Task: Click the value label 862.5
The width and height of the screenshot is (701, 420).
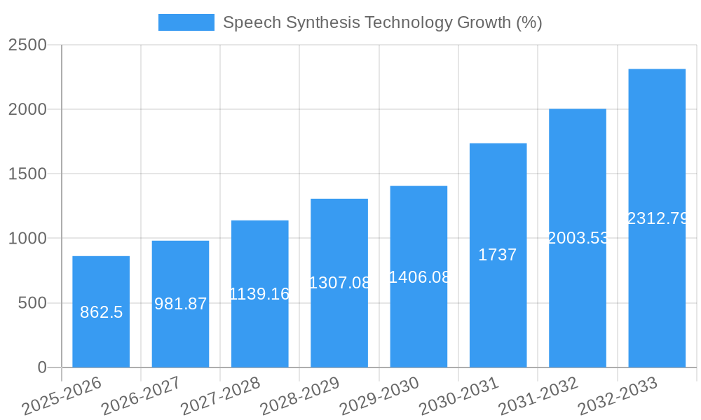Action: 101,312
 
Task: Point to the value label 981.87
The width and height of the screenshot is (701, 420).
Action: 180,304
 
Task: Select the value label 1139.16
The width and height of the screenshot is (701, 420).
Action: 260,294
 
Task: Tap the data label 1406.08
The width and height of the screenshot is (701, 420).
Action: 418,277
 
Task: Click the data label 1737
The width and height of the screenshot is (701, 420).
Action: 498,255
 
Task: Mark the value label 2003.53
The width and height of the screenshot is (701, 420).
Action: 578,238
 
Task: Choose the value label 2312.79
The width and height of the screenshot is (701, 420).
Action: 657,218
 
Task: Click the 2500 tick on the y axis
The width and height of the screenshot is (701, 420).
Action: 27,45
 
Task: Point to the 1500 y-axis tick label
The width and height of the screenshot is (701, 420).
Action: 27,174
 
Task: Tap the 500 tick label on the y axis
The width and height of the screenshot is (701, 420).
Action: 32,303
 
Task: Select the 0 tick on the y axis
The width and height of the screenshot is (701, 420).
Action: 42,367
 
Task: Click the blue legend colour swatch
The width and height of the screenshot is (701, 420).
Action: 186,22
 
